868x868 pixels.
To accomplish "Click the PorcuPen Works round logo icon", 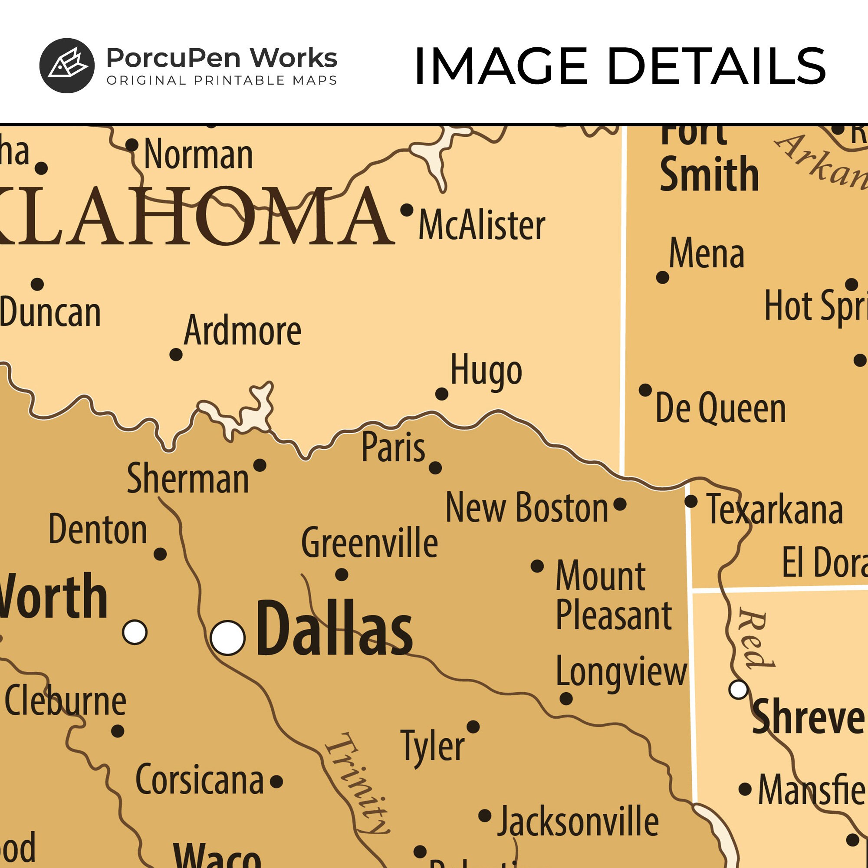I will (67, 66).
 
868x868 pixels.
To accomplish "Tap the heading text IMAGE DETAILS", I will (620, 66).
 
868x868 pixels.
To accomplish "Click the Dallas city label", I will (334, 629).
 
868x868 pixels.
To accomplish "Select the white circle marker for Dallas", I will (228, 638).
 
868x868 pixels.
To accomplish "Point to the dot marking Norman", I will (132, 145).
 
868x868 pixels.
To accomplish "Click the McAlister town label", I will (482, 225).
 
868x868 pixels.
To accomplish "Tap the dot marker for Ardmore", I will (176, 355).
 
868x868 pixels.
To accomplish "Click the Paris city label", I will (393, 447).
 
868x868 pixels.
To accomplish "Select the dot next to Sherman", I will (260, 465).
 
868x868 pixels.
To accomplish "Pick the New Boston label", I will (526, 508).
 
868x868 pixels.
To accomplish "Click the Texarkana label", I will (775, 510).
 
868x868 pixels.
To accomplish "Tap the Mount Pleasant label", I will (614, 595).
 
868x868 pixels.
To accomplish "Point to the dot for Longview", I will (566, 699).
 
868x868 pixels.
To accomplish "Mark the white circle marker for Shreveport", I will (738, 689).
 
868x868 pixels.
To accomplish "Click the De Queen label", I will (720, 408).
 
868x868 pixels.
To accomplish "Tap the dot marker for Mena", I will (663, 277).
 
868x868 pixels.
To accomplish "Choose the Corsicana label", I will (200, 780).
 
